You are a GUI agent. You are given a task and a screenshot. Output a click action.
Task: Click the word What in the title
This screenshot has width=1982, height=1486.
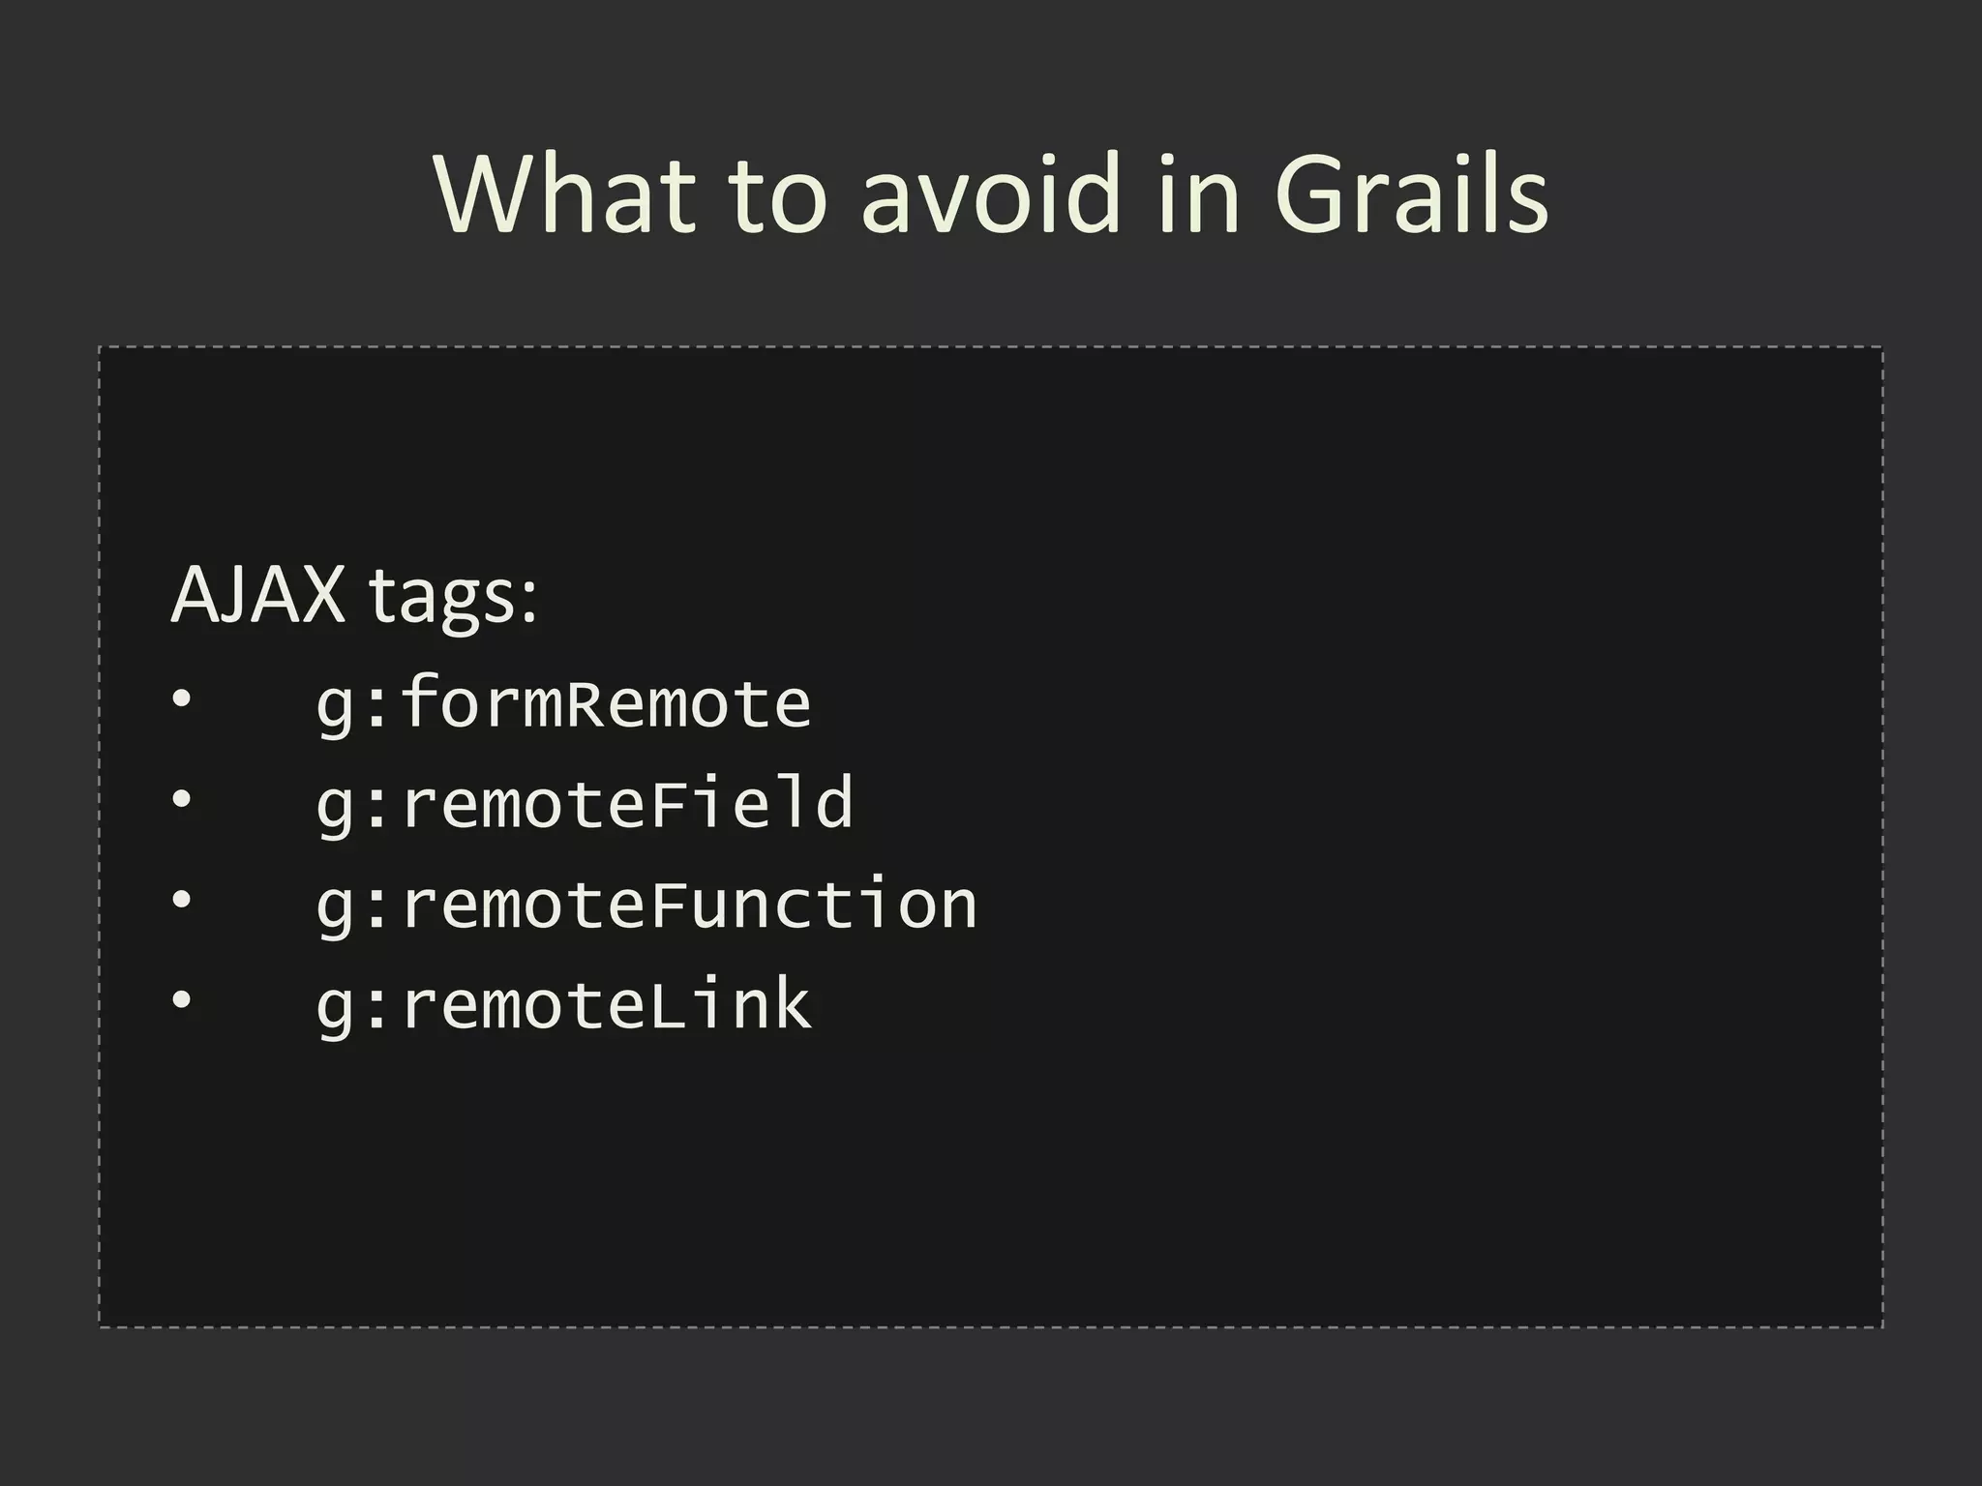pos(565,195)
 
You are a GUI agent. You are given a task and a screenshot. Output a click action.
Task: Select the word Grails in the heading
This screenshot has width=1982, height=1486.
pos(1411,195)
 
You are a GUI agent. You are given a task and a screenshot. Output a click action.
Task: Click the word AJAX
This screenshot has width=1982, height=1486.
pos(257,594)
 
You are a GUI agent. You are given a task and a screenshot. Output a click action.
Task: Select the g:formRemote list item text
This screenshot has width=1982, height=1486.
pos(563,703)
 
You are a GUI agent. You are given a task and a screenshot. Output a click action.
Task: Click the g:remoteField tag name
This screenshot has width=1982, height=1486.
pos(585,804)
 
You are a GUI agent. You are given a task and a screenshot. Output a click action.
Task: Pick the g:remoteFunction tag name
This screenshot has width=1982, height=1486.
pos(646,905)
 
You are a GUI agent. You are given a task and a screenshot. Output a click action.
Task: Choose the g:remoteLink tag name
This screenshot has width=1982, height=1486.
pos(563,1005)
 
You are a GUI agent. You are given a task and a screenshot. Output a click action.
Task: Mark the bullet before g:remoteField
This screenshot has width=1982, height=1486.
pos(181,800)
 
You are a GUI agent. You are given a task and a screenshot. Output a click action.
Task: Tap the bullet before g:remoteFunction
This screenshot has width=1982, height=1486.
pos(181,901)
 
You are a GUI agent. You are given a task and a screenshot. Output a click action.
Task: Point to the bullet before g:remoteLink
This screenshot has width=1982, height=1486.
pos(181,1001)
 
